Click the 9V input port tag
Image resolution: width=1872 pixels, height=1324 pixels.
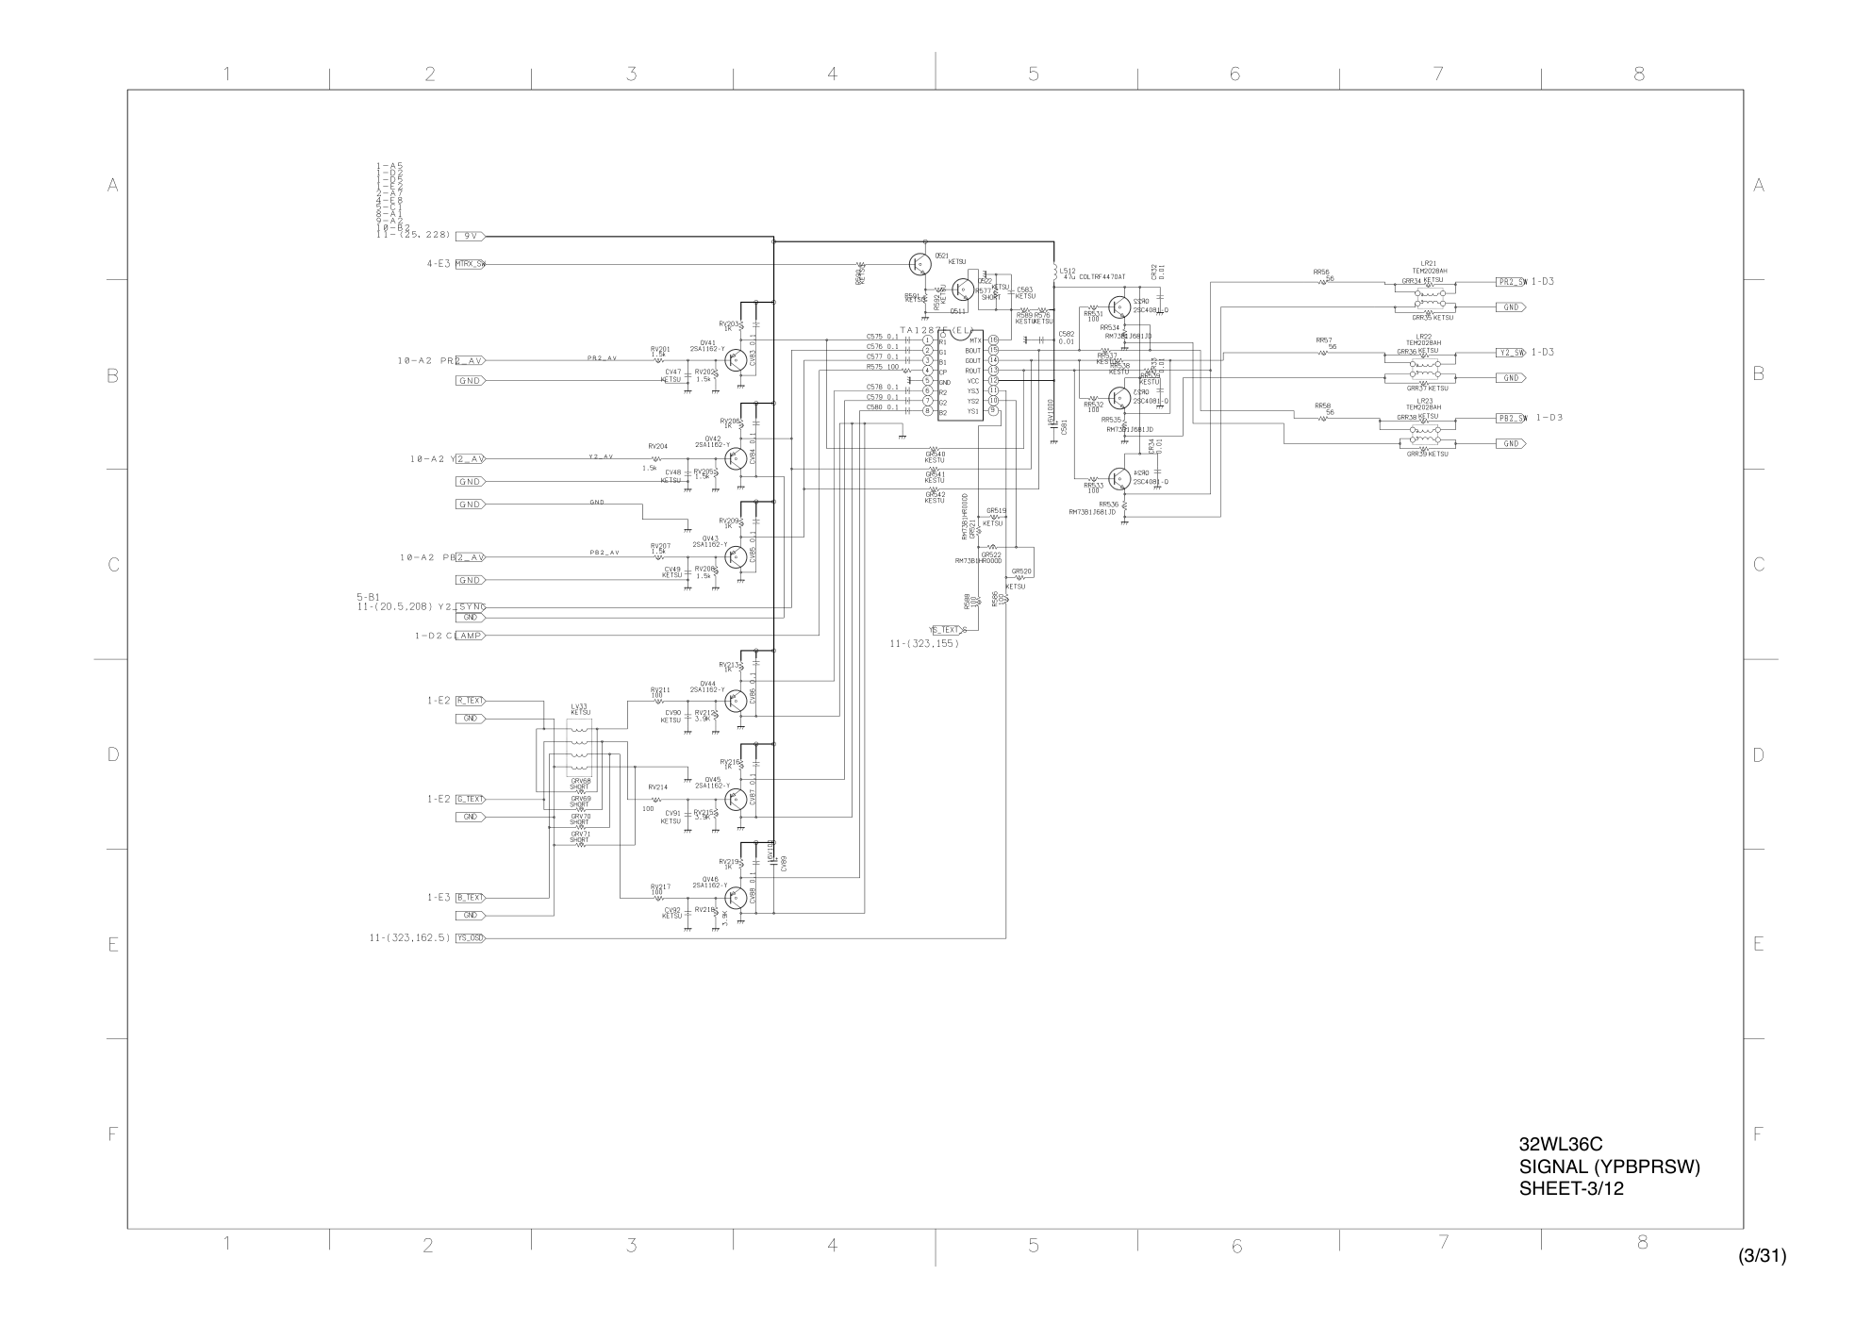(470, 236)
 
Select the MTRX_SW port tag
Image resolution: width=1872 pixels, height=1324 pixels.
(470, 264)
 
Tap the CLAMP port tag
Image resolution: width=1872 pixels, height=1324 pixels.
(470, 636)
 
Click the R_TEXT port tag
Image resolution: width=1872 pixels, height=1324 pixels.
(470, 701)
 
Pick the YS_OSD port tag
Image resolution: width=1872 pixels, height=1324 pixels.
(470, 938)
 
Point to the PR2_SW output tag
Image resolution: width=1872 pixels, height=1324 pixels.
(1511, 282)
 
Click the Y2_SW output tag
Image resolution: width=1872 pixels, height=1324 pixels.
(1511, 353)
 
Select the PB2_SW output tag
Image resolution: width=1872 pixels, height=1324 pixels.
(1511, 418)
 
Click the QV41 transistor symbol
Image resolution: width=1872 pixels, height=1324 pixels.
(737, 360)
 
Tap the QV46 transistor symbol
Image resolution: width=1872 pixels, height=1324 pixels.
(737, 897)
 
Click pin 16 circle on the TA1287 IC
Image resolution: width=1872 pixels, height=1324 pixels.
(993, 340)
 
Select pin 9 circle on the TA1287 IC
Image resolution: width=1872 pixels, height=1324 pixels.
(993, 411)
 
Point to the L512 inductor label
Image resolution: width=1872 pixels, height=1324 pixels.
(1068, 272)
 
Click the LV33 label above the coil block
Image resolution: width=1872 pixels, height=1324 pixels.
(579, 706)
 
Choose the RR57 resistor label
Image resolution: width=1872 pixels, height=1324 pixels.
(1323, 340)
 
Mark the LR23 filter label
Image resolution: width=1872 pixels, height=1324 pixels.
(1424, 401)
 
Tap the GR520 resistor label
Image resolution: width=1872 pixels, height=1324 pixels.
(1021, 571)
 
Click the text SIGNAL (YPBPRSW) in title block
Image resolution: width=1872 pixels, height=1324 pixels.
(1609, 1167)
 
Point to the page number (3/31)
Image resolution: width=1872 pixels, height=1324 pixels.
(1762, 1256)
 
